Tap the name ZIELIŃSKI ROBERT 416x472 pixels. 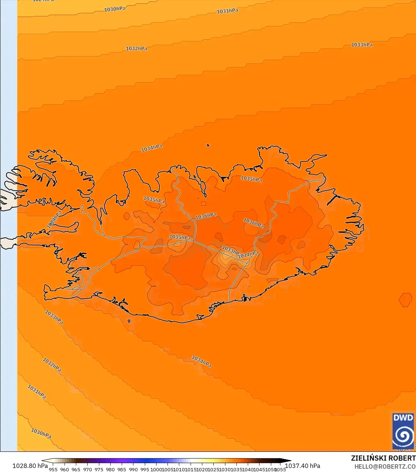[383, 458]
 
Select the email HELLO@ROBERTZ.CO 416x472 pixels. [385, 466]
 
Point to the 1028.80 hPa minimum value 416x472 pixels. [30, 466]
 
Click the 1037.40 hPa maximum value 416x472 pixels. [302, 466]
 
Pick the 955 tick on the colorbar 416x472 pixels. [53, 469]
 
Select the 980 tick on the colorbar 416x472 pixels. [110, 469]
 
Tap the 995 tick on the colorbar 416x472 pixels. [145, 469]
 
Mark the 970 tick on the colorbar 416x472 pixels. [87, 469]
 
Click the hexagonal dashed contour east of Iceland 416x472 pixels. [405, 300]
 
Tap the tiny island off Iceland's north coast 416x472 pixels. [208, 145]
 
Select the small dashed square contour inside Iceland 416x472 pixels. [203, 204]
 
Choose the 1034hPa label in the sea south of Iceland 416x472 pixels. [201, 361]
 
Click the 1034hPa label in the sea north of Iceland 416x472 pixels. [152, 148]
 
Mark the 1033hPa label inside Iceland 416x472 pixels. [231, 250]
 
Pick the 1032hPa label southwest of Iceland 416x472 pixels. [52, 365]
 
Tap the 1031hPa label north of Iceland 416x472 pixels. [227, 11]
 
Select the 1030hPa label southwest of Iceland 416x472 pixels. [41, 433]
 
